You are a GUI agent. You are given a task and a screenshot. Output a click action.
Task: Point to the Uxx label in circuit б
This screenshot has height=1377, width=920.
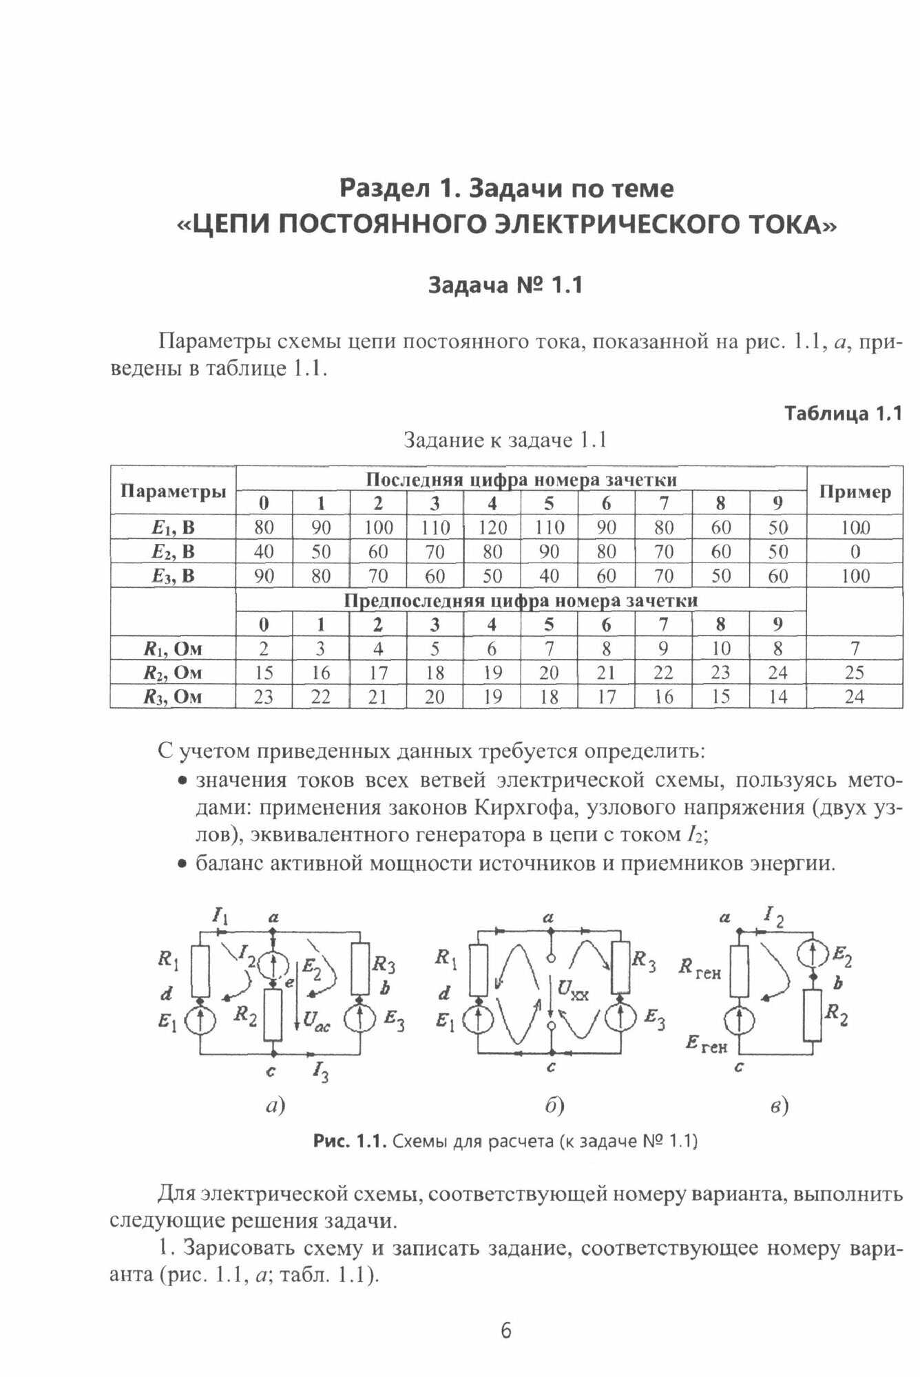tap(573, 991)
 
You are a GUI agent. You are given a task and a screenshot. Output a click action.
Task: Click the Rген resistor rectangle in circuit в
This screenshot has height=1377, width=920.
tap(738, 971)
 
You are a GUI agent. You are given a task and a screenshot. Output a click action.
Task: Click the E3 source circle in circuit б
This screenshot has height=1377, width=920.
tap(623, 1019)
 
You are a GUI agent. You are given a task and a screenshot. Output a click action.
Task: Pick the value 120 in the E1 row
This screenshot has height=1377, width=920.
tap(492, 527)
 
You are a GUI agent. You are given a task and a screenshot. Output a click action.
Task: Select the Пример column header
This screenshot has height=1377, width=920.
tap(855, 492)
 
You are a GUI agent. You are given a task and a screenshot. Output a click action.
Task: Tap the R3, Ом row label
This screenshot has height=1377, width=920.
tap(172, 697)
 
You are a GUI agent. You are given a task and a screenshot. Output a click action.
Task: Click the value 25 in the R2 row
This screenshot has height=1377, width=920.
tap(855, 673)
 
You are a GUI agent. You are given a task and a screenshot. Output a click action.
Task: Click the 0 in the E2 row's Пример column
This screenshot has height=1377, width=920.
tap(855, 551)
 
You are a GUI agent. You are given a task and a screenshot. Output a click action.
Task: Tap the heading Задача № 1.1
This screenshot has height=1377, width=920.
tap(505, 284)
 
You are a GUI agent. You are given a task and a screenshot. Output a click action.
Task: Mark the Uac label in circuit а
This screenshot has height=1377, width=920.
tap(317, 1025)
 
